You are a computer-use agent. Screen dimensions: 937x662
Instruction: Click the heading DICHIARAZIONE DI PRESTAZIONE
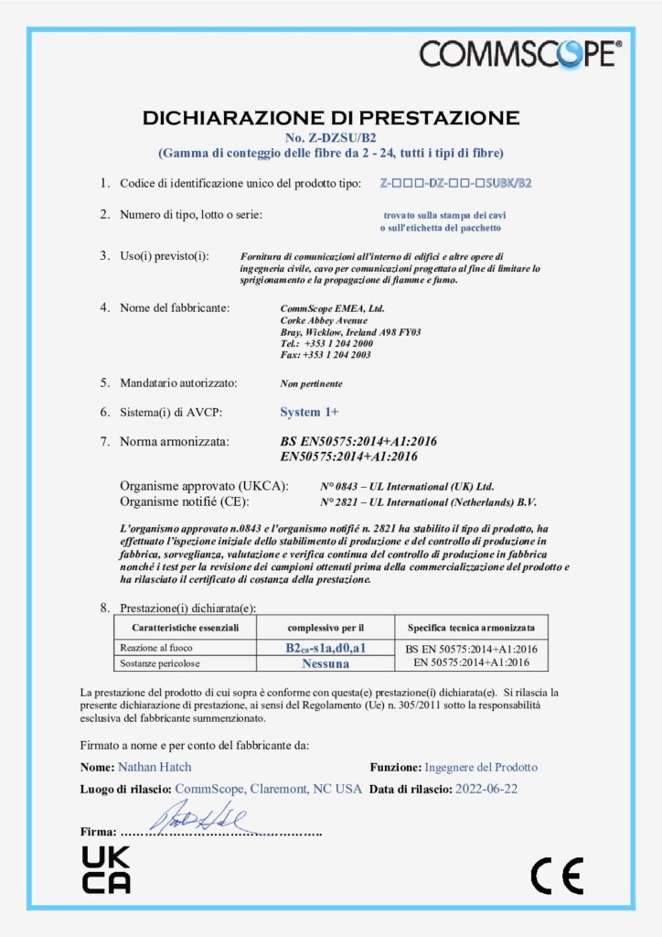(331, 117)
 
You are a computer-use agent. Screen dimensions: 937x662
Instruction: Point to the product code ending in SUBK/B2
(455, 183)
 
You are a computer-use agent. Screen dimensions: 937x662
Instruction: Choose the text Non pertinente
(311, 383)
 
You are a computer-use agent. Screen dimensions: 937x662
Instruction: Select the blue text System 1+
(309, 413)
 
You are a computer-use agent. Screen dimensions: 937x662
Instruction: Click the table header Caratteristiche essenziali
(186, 628)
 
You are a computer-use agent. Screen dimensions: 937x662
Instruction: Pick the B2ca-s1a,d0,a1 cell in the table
(326, 648)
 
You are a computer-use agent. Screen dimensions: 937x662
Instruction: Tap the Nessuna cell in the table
(326, 662)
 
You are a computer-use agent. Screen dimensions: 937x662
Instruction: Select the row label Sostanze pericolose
(160, 662)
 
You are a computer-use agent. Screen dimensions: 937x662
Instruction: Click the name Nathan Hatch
(155, 767)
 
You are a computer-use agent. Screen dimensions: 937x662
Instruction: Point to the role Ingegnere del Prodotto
(481, 767)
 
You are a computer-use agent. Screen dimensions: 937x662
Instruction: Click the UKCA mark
(106, 869)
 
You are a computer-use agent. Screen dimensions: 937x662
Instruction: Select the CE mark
(557, 878)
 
